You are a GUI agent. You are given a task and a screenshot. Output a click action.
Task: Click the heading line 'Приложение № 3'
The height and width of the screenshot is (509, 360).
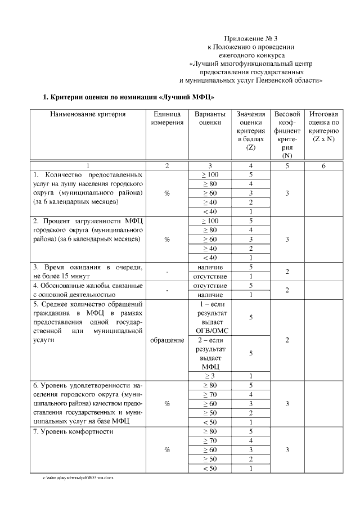(x=255, y=38)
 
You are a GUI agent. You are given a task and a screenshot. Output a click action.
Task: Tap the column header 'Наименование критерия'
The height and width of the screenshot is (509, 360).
(x=87, y=114)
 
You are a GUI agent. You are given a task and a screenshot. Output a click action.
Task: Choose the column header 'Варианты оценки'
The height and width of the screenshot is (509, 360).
(x=209, y=118)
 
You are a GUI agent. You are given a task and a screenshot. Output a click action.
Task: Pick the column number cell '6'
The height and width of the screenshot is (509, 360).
(x=323, y=166)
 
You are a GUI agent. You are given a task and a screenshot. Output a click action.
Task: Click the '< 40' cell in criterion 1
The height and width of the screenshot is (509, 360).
(x=209, y=211)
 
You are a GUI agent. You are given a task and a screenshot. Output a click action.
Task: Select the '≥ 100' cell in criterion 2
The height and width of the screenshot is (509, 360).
(x=209, y=220)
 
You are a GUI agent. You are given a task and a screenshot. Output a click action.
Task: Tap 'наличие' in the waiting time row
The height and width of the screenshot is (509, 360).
(x=209, y=267)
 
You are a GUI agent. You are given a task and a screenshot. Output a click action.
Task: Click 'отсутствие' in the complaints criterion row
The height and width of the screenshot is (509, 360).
(x=209, y=285)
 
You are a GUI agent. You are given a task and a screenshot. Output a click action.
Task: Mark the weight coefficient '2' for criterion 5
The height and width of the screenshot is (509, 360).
(x=287, y=340)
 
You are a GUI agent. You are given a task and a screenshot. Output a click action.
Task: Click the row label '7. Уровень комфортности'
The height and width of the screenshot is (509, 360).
(x=73, y=432)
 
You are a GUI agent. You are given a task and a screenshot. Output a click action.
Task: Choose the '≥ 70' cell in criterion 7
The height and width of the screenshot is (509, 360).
(x=209, y=441)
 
